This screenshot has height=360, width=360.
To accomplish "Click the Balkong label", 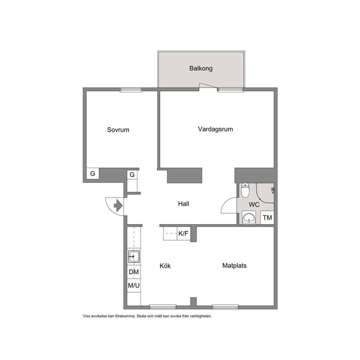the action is click(x=201, y=69).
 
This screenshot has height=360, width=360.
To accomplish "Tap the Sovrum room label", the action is click(x=118, y=130).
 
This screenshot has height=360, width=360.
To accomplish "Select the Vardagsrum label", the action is click(x=215, y=129).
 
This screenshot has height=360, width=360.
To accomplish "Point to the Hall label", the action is click(x=183, y=204).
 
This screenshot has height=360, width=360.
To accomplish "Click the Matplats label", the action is click(x=234, y=266).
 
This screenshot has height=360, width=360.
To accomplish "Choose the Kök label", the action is click(x=165, y=266).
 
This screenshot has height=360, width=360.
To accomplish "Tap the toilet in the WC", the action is click(x=245, y=190).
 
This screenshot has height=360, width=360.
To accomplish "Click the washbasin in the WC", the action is click(x=249, y=218).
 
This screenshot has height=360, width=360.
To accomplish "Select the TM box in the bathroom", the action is click(x=267, y=217).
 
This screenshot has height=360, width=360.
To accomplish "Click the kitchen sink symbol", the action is click(x=134, y=257).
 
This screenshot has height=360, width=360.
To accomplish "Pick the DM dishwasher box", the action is click(x=134, y=272).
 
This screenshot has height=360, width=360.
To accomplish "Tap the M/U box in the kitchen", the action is click(x=134, y=286).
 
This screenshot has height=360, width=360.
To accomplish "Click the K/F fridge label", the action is click(x=183, y=233).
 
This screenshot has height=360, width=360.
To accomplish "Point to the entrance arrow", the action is click(x=118, y=205).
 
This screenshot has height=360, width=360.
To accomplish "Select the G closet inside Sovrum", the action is click(x=93, y=173).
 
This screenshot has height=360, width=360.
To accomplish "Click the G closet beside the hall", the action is click(x=132, y=175).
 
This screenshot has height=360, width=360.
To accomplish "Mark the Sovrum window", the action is click(x=131, y=90).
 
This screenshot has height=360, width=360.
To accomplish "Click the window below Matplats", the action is click(x=225, y=307).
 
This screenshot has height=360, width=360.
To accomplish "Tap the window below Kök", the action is click(x=163, y=307).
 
